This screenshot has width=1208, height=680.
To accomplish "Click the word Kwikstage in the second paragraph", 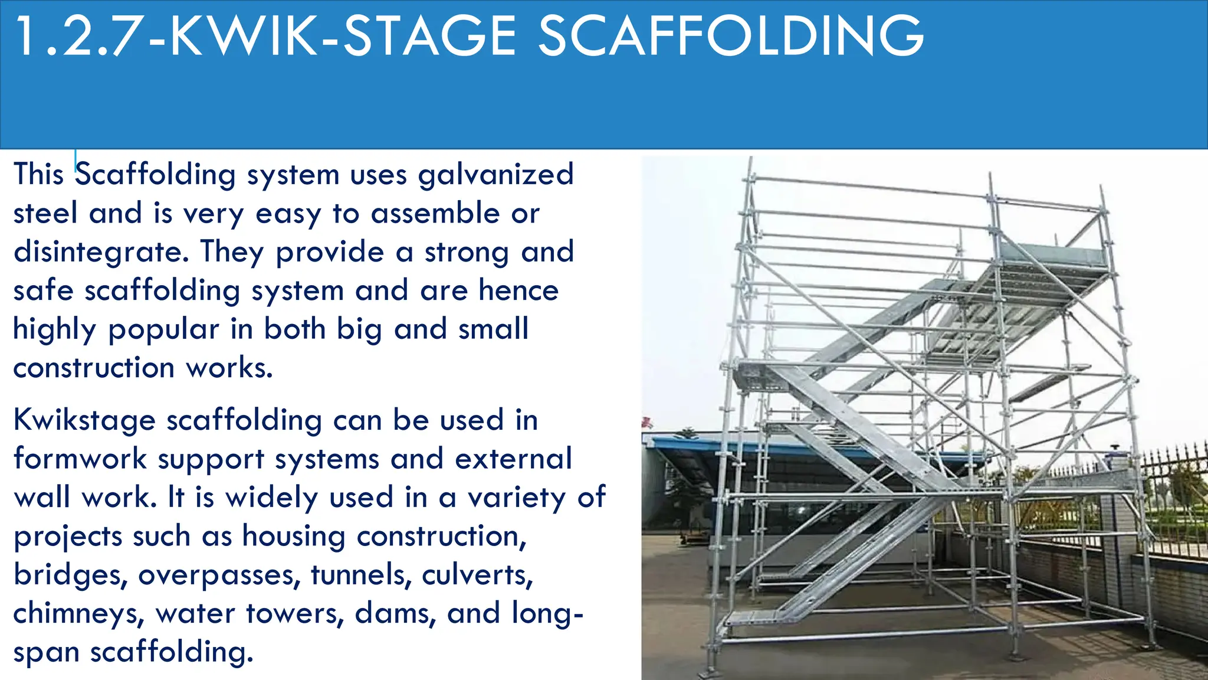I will pyautogui.click(x=84, y=421).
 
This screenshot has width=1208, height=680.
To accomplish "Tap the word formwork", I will pyautogui.click(x=80, y=459).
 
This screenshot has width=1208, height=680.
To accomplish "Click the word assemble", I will pyautogui.click(x=435, y=214).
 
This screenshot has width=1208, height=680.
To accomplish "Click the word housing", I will pyautogui.click(x=294, y=537).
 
